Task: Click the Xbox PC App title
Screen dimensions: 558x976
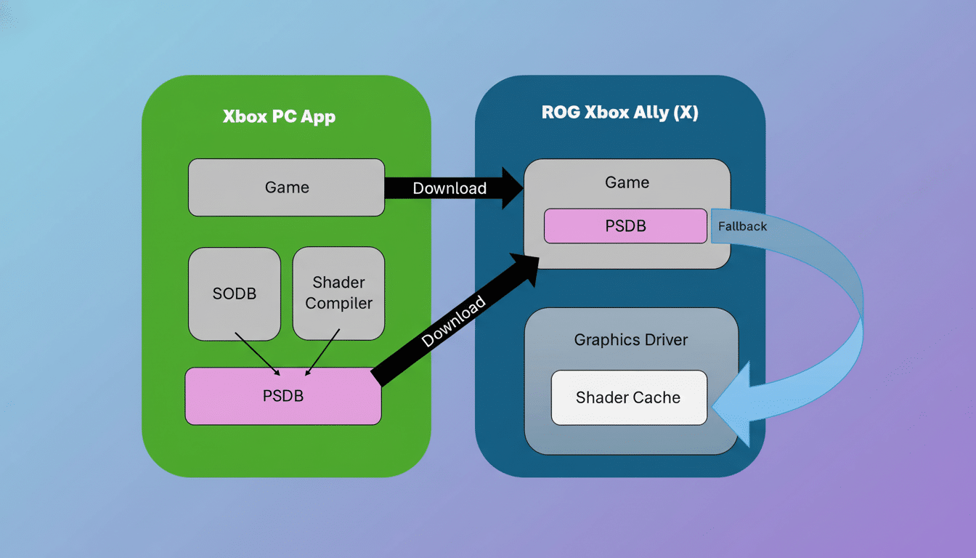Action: [x=279, y=116]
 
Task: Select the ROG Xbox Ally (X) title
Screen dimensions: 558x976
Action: [x=619, y=113]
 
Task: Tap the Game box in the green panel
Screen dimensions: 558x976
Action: [x=286, y=187]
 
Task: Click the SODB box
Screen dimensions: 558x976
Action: [x=234, y=294]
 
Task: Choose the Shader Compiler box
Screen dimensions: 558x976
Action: [x=338, y=293]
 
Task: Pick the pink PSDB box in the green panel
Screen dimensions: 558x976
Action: [x=282, y=396]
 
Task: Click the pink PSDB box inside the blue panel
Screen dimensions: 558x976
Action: [x=625, y=226]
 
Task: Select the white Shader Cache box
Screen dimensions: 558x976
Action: [x=628, y=397]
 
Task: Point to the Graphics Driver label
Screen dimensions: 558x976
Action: [x=630, y=339]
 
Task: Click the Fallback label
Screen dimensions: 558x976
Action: [x=742, y=226]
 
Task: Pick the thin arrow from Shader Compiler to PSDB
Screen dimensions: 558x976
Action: [x=322, y=353]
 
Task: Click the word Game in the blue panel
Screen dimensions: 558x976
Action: [x=627, y=182]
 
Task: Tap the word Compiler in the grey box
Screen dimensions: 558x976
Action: [x=338, y=303]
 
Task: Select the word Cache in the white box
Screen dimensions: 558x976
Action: [x=657, y=397]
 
